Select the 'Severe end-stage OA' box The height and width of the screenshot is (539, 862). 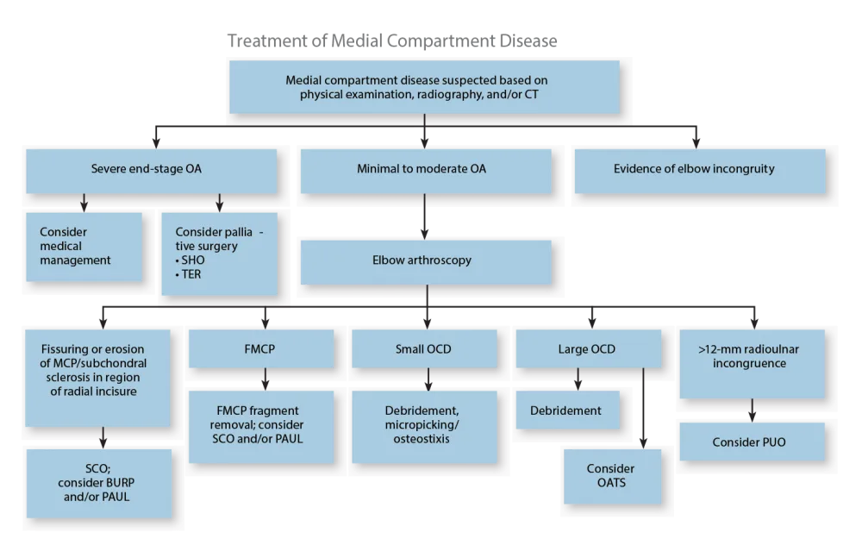click(x=151, y=170)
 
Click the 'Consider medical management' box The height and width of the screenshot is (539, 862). click(x=84, y=246)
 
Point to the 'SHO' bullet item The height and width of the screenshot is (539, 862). click(x=188, y=261)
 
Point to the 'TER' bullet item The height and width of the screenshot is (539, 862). click(x=188, y=274)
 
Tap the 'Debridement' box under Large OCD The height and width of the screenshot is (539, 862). click(x=565, y=411)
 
